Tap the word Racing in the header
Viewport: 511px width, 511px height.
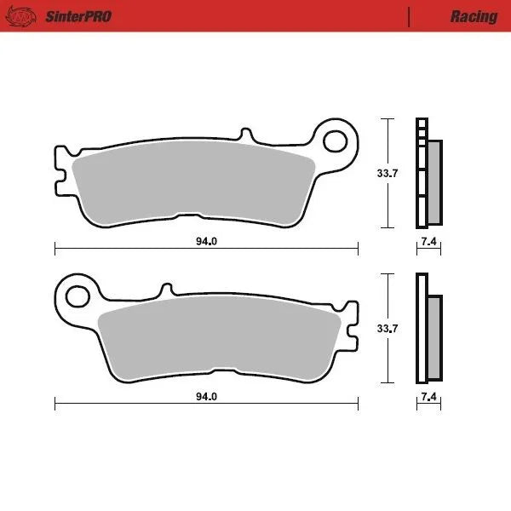click(474, 16)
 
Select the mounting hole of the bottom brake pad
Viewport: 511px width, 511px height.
click(78, 296)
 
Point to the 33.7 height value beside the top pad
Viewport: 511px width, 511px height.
click(388, 173)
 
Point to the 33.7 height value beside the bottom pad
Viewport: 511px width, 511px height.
click(388, 328)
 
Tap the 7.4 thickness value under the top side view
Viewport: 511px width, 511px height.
click(428, 242)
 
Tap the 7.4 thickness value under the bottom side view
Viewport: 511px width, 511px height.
click(428, 397)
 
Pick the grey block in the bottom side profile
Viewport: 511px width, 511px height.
click(434, 336)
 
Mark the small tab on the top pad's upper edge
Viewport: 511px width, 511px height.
click(246, 135)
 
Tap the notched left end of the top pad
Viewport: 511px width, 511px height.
click(60, 169)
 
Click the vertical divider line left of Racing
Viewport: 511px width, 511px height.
click(410, 16)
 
